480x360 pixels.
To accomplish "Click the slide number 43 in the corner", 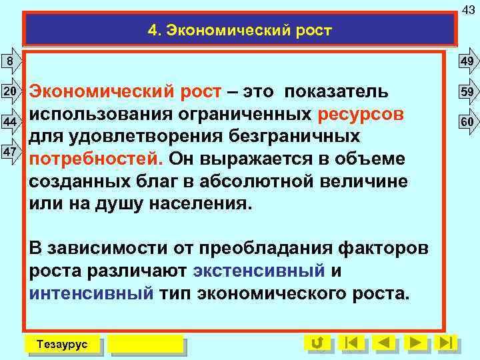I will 469,7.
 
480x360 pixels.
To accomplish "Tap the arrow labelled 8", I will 9,62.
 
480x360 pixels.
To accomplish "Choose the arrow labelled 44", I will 9,122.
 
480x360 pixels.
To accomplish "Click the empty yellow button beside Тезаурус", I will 145,344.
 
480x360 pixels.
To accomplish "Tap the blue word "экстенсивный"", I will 258,271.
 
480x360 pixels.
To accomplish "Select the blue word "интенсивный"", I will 91,293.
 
